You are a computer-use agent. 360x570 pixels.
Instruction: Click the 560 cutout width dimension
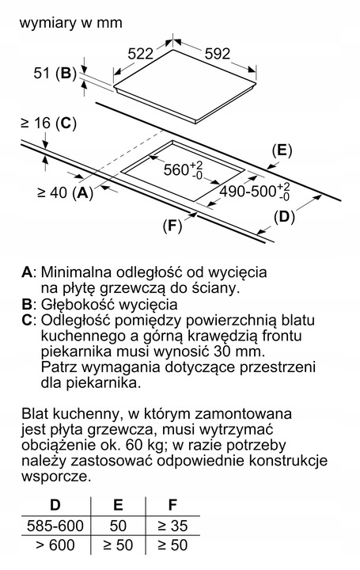coord(182,170)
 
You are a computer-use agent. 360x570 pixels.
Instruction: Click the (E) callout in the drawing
coord(282,149)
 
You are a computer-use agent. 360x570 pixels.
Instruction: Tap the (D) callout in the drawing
coord(285,215)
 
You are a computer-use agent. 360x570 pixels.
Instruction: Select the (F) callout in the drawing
coord(172,227)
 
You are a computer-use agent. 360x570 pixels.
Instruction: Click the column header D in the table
coord(55,504)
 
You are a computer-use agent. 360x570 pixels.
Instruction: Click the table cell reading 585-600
coord(55,525)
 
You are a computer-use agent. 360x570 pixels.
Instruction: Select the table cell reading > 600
coord(55,546)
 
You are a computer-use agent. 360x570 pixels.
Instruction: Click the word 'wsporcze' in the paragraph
coord(56,477)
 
